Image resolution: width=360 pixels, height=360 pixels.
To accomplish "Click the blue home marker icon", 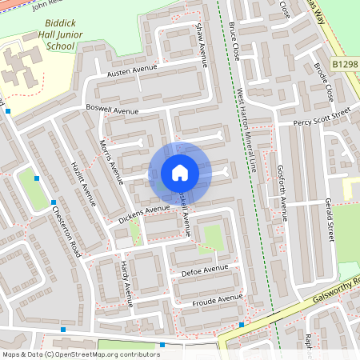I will [180, 173].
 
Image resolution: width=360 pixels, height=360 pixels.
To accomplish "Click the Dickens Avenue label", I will [145, 211].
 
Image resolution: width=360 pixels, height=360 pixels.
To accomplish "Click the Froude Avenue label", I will [217, 300].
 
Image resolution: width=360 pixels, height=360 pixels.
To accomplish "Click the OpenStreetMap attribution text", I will [81, 354].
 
